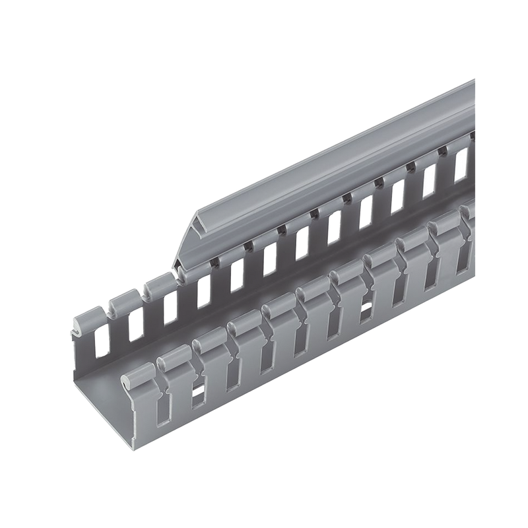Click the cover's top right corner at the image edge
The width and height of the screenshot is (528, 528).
[474, 80]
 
